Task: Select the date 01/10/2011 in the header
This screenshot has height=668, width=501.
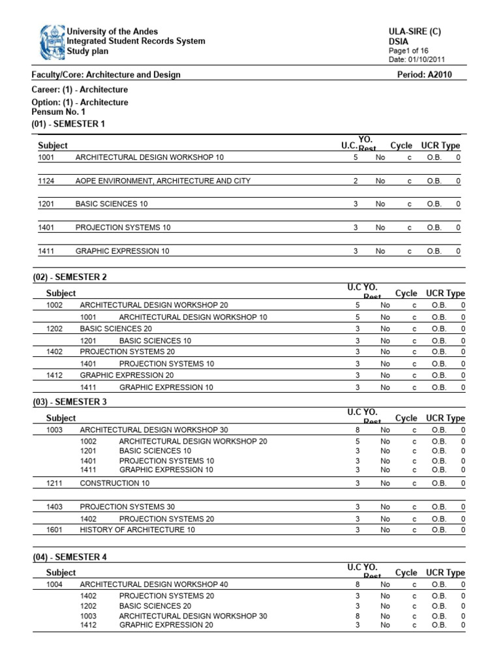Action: (427, 59)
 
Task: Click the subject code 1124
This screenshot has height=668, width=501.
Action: (46, 181)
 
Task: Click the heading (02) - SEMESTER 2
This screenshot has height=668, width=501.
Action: (70, 277)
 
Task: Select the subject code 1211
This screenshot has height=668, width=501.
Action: (55, 483)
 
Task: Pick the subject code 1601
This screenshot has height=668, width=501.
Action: (55, 530)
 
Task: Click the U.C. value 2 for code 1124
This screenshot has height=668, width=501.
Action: (356, 181)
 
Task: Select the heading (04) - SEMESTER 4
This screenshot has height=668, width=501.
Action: (70, 557)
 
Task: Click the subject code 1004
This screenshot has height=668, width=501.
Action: (55, 584)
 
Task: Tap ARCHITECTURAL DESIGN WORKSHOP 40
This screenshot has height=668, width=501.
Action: (153, 584)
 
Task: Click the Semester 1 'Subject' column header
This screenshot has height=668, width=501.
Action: (53, 145)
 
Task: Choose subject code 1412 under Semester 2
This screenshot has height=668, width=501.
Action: (55, 376)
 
